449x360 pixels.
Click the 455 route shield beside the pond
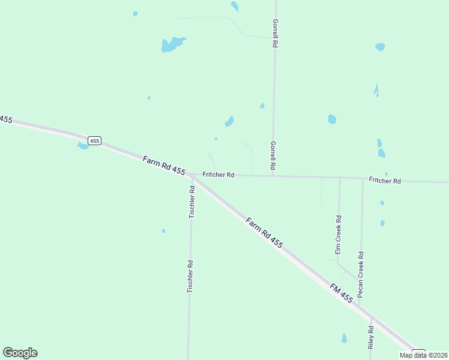point(94,140)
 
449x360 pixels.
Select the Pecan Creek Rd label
point(361,274)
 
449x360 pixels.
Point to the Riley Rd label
point(372,338)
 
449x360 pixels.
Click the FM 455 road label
point(341,293)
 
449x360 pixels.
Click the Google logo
point(20,353)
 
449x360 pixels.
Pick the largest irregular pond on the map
point(172,44)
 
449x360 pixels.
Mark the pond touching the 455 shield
point(83,145)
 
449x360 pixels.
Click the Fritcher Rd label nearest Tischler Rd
point(218,175)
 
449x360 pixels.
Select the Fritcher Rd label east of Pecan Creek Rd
point(385,180)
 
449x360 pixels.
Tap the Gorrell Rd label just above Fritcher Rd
point(273,155)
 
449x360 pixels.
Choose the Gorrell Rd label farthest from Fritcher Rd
point(275,33)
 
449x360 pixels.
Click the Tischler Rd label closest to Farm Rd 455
point(192,202)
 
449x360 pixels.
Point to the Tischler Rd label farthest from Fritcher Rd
point(190,276)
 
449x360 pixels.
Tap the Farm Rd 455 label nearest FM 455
point(264,233)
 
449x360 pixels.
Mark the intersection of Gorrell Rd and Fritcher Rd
point(273,176)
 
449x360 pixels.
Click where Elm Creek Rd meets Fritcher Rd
point(340,178)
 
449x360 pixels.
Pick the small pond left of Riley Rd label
point(344,338)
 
